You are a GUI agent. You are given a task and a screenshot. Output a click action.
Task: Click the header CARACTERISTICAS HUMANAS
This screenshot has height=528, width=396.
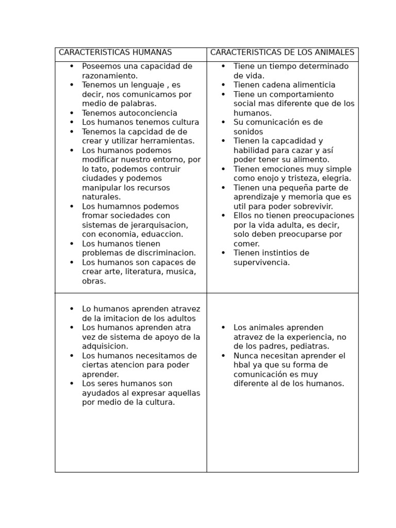115,53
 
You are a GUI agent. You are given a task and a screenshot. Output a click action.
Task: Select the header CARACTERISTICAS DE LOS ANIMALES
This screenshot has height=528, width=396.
282,53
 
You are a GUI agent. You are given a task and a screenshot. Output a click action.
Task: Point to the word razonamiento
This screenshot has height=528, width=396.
109,76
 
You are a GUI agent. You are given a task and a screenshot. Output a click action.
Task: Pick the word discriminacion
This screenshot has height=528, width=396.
166,253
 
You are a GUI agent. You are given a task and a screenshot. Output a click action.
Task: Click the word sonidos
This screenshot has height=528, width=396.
248,131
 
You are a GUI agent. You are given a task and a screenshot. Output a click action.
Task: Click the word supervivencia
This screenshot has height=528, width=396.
261,262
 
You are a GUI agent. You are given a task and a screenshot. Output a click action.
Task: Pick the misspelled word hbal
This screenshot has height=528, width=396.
242,365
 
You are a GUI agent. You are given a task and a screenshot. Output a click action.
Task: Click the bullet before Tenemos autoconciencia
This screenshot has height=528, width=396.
72,113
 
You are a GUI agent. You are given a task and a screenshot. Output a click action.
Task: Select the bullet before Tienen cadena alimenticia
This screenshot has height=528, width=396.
223,85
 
